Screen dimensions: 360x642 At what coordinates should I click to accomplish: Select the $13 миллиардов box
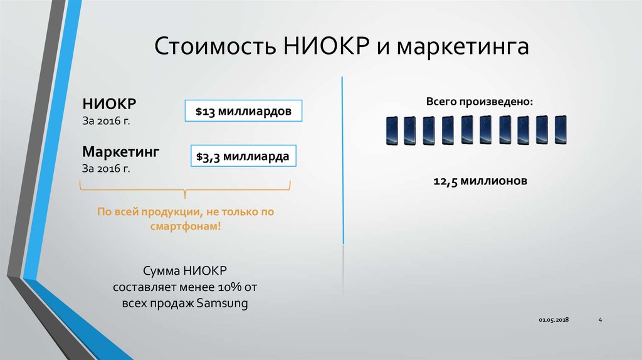point(243,112)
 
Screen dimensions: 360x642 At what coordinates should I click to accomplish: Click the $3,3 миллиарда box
point(242,156)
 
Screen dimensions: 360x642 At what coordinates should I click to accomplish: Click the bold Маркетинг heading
point(120,152)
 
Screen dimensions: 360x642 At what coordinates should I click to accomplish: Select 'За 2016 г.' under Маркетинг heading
point(105,169)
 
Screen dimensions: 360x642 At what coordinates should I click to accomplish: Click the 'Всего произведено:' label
point(480,102)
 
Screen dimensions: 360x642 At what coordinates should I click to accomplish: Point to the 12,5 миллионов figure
point(480,181)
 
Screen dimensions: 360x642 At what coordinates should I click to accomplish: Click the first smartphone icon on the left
point(392,130)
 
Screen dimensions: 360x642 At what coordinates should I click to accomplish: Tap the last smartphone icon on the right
point(560,130)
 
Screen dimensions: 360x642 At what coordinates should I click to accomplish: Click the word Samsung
point(223,304)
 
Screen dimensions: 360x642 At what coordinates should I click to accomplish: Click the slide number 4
point(600,320)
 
